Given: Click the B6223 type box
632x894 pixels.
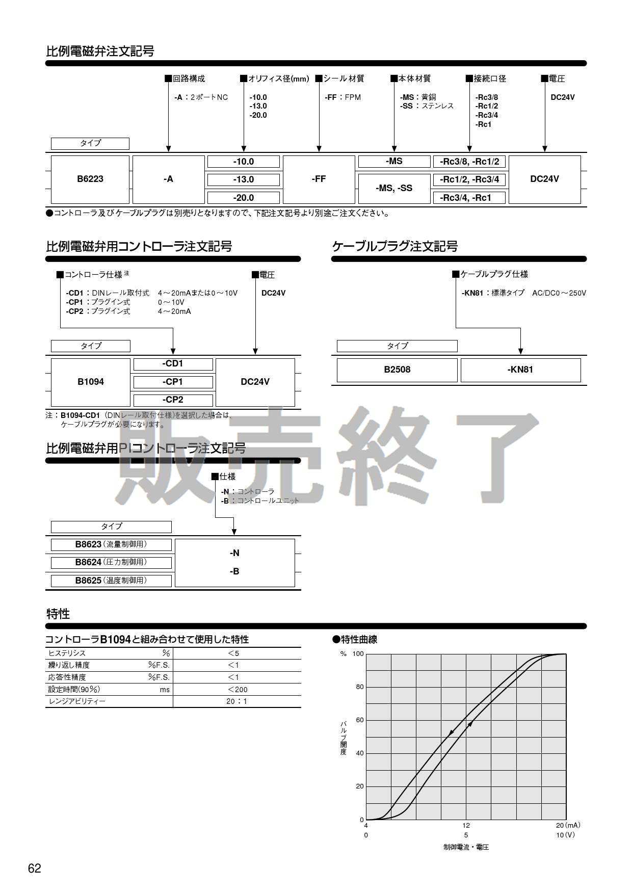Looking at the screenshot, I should pyautogui.click(x=90, y=179).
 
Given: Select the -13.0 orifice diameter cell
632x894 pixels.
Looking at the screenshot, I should pyautogui.click(x=243, y=179).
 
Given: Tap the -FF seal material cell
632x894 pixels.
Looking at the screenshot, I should pyautogui.click(x=319, y=179).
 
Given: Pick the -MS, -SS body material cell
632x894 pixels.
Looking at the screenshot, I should pyautogui.click(x=394, y=188).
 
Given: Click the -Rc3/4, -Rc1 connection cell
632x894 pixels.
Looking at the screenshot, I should pyautogui.click(x=469, y=198).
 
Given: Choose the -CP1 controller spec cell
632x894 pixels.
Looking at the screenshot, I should pyautogui.click(x=173, y=382).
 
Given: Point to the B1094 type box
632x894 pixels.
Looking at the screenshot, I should pyautogui.click(x=91, y=382).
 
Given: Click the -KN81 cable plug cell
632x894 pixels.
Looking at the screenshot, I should pyautogui.click(x=520, y=370).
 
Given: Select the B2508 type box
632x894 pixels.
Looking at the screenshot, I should pyautogui.click(x=397, y=370).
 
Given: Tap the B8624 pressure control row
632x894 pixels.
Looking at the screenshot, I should pyautogui.click(x=111, y=562).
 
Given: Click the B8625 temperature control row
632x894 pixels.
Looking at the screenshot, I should pyautogui.click(x=111, y=581).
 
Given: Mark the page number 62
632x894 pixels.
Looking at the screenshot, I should pyautogui.click(x=35, y=869).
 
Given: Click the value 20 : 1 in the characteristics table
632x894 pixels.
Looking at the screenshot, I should pyautogui.click(x=236, y=701).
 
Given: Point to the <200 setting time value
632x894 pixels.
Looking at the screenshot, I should pyautogui.click(x=236, y=690).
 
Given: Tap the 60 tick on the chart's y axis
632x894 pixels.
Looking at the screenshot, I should pyautogui.click(x=360, y=720).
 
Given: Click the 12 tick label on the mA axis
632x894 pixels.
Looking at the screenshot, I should pyautogui.click(x=466, y=825).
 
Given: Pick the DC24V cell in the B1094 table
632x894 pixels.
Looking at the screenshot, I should pyautogui.click(x=255, y=382).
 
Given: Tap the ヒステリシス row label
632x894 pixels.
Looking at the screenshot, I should pyautogui.click(x=67, y=653).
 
